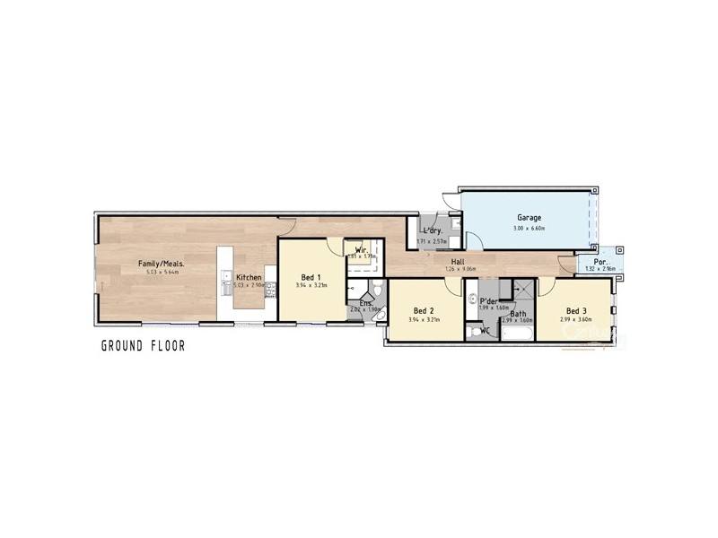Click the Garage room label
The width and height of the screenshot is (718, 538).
point(528,218)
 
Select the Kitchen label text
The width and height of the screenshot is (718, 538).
point(249,278)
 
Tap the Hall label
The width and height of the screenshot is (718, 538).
point(457,261)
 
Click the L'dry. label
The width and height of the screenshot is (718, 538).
point(433,231)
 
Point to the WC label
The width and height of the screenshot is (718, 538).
point(486,330)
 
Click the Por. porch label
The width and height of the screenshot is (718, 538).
point(596,261)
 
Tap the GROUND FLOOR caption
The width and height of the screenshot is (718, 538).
point(143,345)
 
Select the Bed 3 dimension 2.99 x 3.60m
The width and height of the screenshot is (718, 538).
point(576,319)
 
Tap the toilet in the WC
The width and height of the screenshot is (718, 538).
point(473,332)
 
